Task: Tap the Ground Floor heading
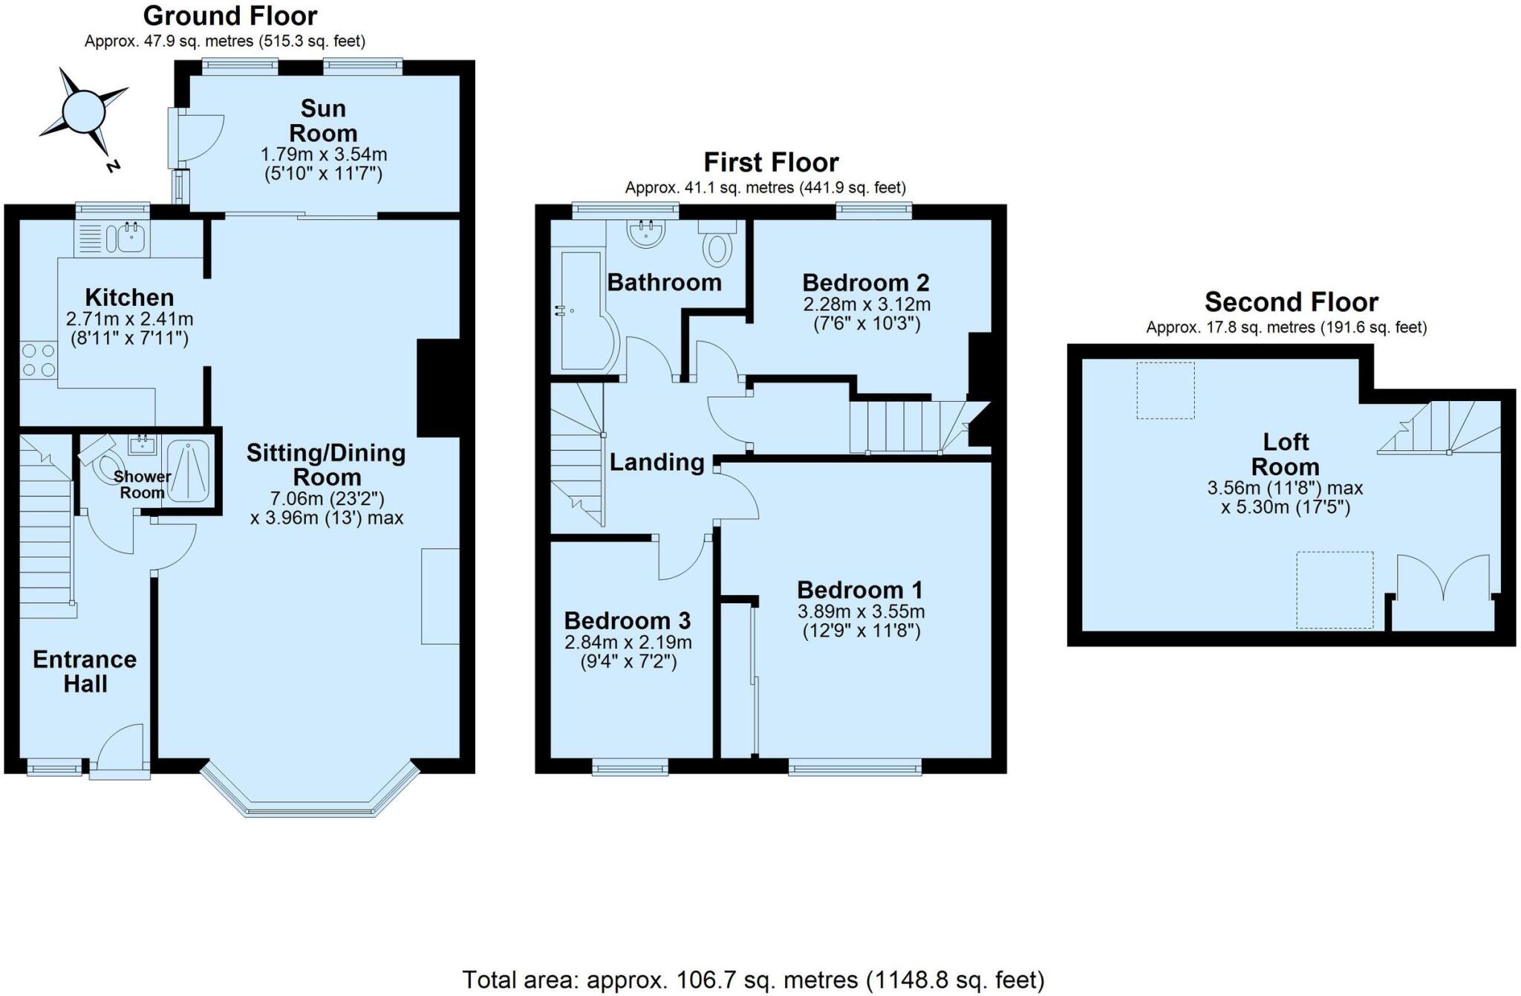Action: click(x=230, y=16)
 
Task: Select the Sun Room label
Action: click(x=323, y=120)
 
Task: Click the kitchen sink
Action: click(x=126, y=238)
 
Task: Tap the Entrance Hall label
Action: click(x=85, y=671)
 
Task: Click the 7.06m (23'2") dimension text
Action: click(x=328, y=498)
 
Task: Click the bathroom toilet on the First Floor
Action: click(x=717, y=245)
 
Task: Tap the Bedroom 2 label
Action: click(x=866, y=282)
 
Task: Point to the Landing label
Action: click(x=657, y=462)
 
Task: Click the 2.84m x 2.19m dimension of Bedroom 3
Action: click(x=628, y=642)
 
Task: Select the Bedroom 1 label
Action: click(x=860, y=590)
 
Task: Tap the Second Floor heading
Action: click(x=1291, y=302)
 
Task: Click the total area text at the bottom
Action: click(x=753, y=980)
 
